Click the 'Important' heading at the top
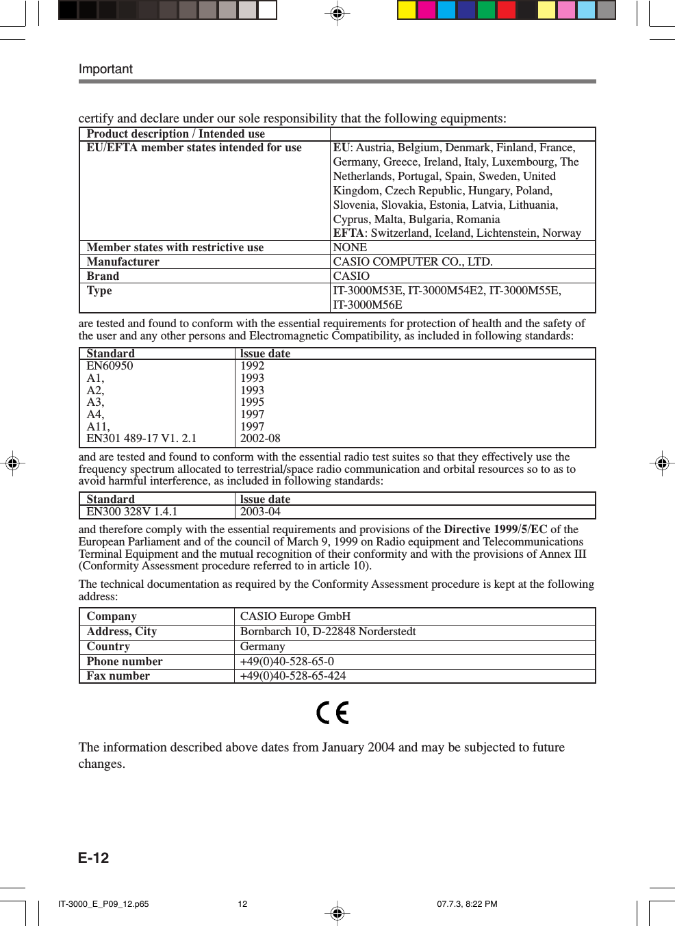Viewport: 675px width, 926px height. coord(105,69)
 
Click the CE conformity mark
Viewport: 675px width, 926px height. coord(333,712)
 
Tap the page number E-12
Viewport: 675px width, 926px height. coord(93,858)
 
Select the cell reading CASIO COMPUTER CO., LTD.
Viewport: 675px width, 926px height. coord(412,261)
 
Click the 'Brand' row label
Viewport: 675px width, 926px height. coord(103,276)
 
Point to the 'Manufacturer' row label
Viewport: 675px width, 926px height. coord(123,261)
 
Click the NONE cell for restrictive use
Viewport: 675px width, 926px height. coord(350,247)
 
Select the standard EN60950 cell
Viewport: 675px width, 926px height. coord(110,365)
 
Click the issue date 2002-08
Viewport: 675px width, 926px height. coord(260,438)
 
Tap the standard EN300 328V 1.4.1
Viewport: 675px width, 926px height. coord(131,511)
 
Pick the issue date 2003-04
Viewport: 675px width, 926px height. coord(260,511)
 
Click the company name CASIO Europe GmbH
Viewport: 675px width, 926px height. coord(295,616)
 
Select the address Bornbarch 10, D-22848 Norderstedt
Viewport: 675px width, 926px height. coord(328,631)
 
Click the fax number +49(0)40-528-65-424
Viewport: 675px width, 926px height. coord(293,676)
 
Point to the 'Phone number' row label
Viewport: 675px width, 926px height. coord(125,661)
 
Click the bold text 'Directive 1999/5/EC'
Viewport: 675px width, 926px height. coord(495,529)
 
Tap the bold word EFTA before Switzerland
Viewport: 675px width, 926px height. coord(348,233)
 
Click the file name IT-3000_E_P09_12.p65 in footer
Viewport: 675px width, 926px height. coord(103,903)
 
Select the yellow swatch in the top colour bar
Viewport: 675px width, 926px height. coord(407,10)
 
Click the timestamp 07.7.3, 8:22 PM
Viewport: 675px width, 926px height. coord(467,903)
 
